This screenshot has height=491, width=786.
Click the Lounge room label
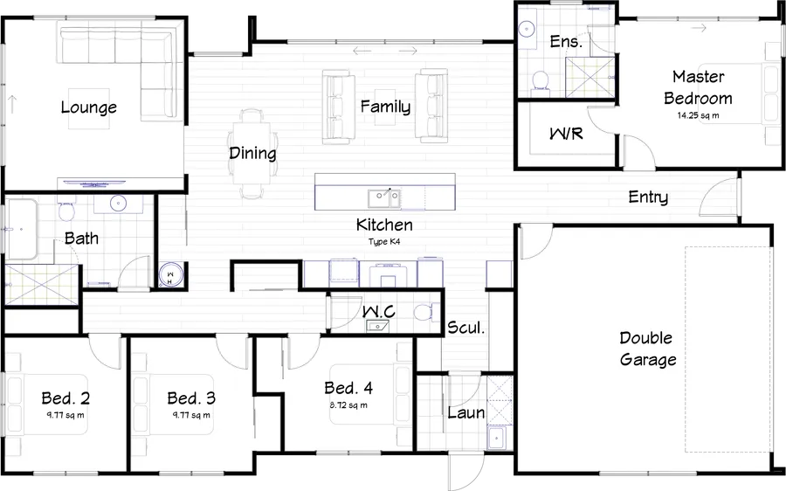(x=88, y=107)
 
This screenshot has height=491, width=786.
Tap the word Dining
(x=252, y=154)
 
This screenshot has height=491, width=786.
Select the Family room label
(x=385, y=107)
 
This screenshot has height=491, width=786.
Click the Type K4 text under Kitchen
(x=384, y=240)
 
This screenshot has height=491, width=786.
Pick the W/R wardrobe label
(x=565, y=135)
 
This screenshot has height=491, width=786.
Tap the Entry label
(x=648, y=197)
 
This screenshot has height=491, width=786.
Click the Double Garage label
(x=648, y=349)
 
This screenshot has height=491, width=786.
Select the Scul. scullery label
(x=465, y=328)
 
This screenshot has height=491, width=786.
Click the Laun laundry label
(x=465, y=412)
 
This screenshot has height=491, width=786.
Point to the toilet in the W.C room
(x=424, y=312)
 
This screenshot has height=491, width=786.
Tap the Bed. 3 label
(x=191, y=398)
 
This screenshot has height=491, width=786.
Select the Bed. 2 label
(x=65, y=398)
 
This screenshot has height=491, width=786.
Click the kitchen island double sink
(x=384, y=197)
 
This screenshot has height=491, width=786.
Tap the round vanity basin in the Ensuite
(x=527, y=29)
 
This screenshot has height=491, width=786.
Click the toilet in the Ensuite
(x=541, y=81)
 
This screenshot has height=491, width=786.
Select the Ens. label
(x=566, y=42)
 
